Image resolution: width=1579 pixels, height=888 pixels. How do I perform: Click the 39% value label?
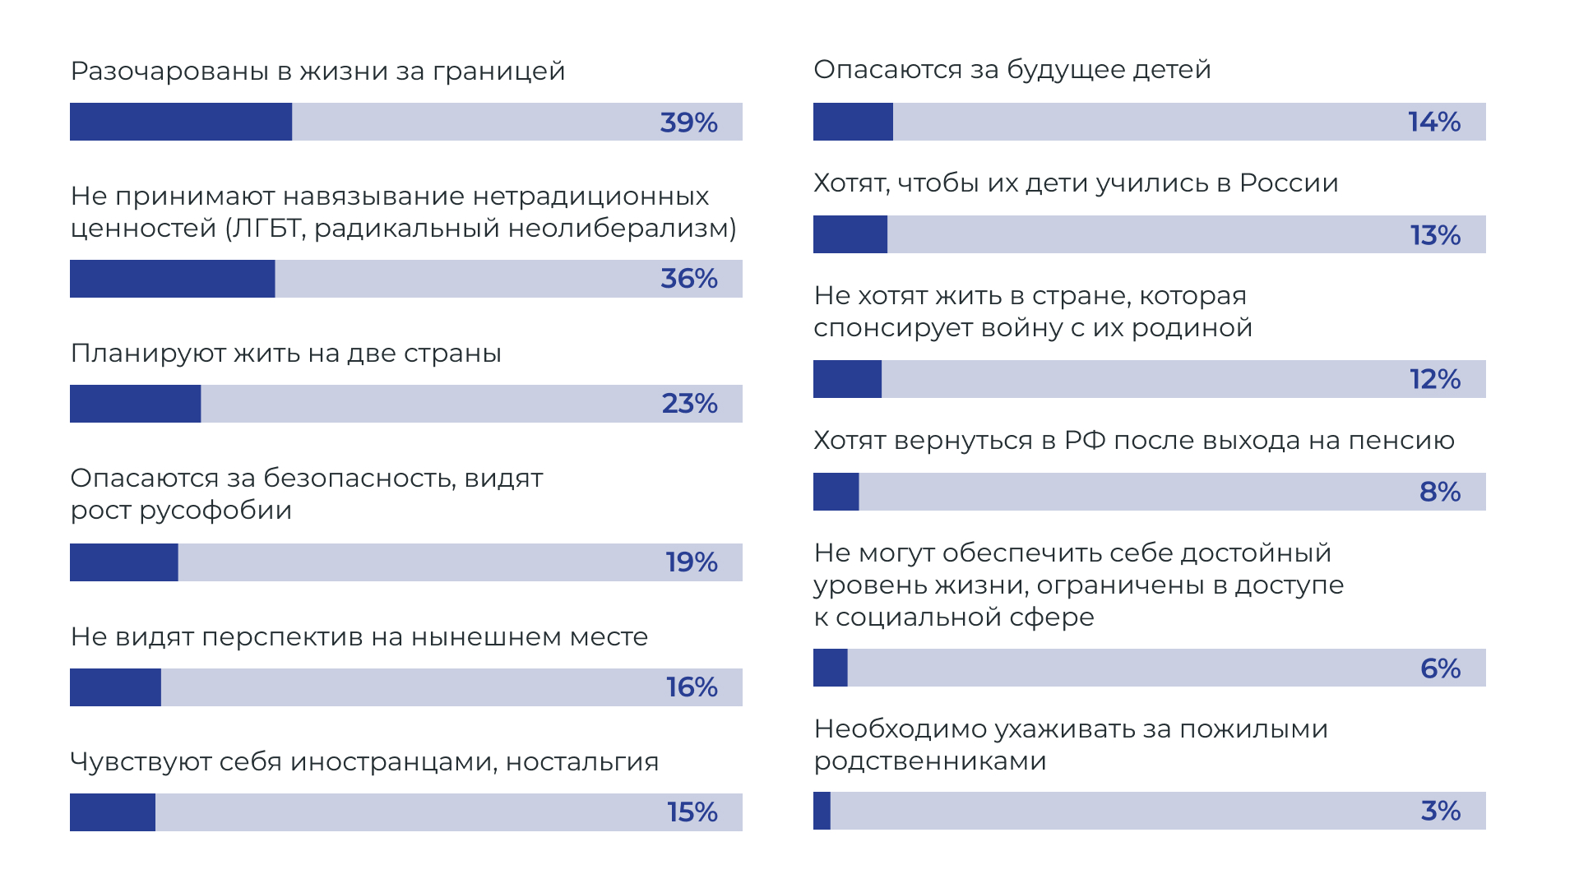point(688,123)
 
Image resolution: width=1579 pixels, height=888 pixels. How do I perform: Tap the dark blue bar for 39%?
point(181,122)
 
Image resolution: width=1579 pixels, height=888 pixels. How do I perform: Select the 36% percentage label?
point(689,279)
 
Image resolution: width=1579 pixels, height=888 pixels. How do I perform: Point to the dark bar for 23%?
point(136,404)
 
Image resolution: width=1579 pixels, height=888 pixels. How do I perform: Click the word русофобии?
point(215,511)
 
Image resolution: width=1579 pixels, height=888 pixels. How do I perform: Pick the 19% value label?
point(692,562)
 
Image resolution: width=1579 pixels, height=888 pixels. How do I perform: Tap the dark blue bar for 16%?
point(115,687)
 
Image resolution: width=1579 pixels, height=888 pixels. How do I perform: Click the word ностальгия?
point(582,762)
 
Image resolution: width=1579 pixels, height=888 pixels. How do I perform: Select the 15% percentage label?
point(692,812)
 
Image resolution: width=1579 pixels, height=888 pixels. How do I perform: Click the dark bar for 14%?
point(853,122)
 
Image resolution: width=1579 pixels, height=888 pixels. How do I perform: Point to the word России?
point(1289,183)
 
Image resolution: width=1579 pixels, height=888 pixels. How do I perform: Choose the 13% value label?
point(1435,235)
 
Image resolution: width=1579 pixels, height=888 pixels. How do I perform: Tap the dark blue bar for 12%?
point(847,379)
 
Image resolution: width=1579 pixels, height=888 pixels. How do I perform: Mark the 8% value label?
point(1440,492)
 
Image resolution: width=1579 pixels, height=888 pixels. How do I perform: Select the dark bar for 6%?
point(831,668)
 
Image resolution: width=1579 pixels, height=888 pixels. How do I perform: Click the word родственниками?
point(930,761)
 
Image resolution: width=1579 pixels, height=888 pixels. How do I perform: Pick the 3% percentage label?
point(1441,811)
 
